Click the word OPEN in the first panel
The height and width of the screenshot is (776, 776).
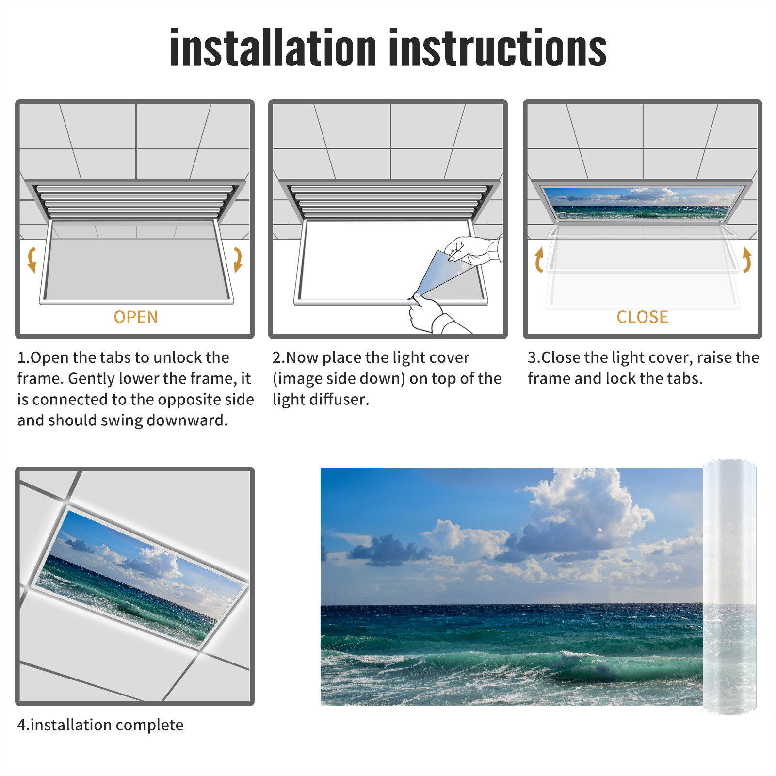pos(136,317)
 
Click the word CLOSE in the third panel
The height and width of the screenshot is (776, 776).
pos(642,317)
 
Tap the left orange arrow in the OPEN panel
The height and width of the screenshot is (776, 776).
pos(32,259)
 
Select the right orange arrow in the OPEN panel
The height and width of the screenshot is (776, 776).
pos(238,259)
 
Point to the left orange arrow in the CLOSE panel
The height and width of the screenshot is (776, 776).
pos(538,259)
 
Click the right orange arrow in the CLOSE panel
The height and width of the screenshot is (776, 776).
pos(747,259)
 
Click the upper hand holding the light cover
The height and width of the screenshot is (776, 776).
pos(473,250)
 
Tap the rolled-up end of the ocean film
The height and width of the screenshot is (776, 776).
pos(729,587)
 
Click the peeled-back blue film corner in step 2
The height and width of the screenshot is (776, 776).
pos(439,274)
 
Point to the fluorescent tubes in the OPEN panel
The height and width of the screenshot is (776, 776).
pos(135,201)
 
